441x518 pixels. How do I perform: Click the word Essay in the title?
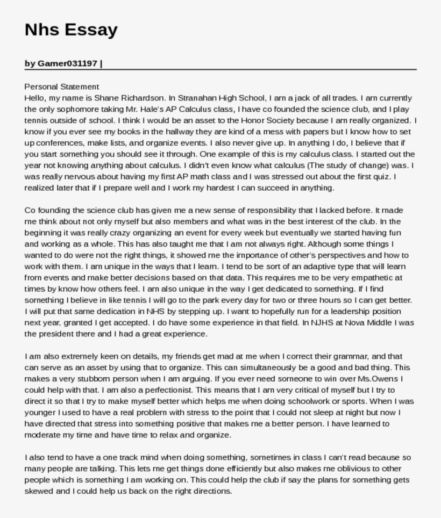[x=91, y=30]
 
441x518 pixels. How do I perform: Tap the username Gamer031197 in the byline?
[x=67, y=63]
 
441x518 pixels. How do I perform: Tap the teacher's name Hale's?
[x=141, y=109]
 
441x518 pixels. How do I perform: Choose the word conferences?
[x=59, y=143]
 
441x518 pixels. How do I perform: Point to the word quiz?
[x=385, y=176]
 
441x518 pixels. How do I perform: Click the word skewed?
[x=39, y=492]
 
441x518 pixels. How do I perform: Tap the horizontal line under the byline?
[x=220, y=70]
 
